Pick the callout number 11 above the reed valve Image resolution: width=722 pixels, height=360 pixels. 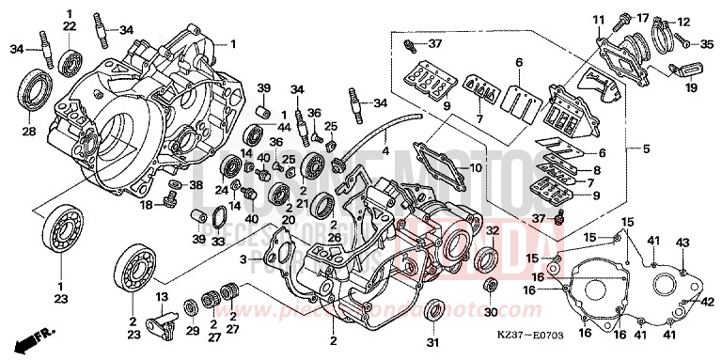(x=598, y=20)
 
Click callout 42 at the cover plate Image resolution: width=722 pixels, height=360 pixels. (x=708, y=302)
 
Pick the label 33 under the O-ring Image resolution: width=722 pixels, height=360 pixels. (x=216, y=241)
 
